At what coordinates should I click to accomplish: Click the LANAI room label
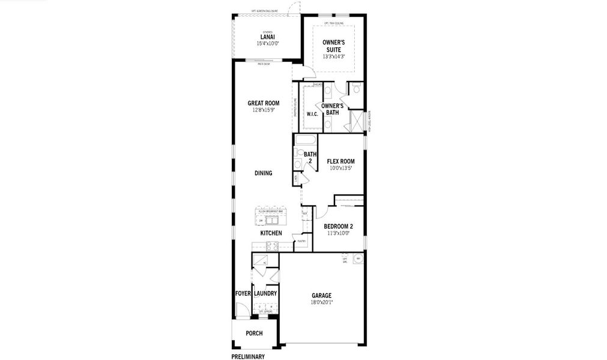[x=267, y=37]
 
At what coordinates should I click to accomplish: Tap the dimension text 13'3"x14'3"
[x=333, y=56]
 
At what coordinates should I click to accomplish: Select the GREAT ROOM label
[x=263, y=103]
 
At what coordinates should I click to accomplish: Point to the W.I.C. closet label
[x=312, y=114]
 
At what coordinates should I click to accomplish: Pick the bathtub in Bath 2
[x=305, y=140]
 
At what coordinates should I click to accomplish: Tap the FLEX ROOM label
[x=340, y=161]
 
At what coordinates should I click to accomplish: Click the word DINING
[x=263, y=173]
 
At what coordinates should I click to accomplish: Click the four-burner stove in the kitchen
[x=271, y=245]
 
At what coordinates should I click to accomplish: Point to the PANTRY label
[x=301, y=241]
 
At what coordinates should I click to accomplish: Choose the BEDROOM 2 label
[x=338, y=226]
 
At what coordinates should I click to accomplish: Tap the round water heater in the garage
[x=358, y=259]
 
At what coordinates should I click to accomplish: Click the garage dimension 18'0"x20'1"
[x=321, y=302]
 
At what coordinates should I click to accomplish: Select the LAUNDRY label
[x=265, y=293]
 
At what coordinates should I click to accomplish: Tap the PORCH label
[x=254, y=334]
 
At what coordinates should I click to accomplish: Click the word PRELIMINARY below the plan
[x=247, y=357]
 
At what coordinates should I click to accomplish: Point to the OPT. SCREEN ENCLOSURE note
[x=267, y=11]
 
